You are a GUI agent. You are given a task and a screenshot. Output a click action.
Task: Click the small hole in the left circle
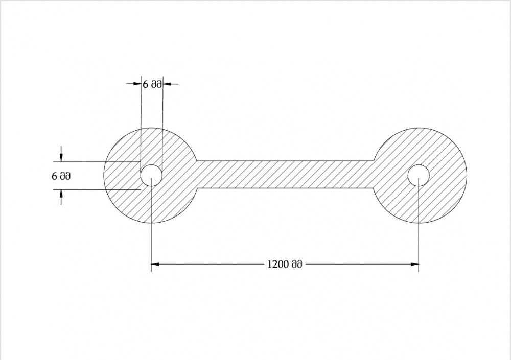(x=151, y=175)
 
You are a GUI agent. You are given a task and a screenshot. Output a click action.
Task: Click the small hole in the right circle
(x=419, y=175)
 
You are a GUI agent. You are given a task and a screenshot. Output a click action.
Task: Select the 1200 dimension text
(x=285, y=264)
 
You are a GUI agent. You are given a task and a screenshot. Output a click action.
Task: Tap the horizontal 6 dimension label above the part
(x=152, y=84)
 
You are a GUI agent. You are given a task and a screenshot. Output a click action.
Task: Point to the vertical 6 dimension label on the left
(x=61, y=176)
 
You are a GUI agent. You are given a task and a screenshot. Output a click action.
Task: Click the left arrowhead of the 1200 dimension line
(x=155, y=264)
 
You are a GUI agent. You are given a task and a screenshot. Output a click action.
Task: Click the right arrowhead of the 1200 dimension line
(x=414, y=264)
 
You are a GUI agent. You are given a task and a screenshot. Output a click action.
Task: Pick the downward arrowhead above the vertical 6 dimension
(x=61, y=157)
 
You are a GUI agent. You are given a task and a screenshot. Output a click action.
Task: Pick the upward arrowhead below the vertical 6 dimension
(x=61, y=194)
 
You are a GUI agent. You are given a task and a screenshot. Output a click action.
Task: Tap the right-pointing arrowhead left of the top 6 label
(x=137, y=84)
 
